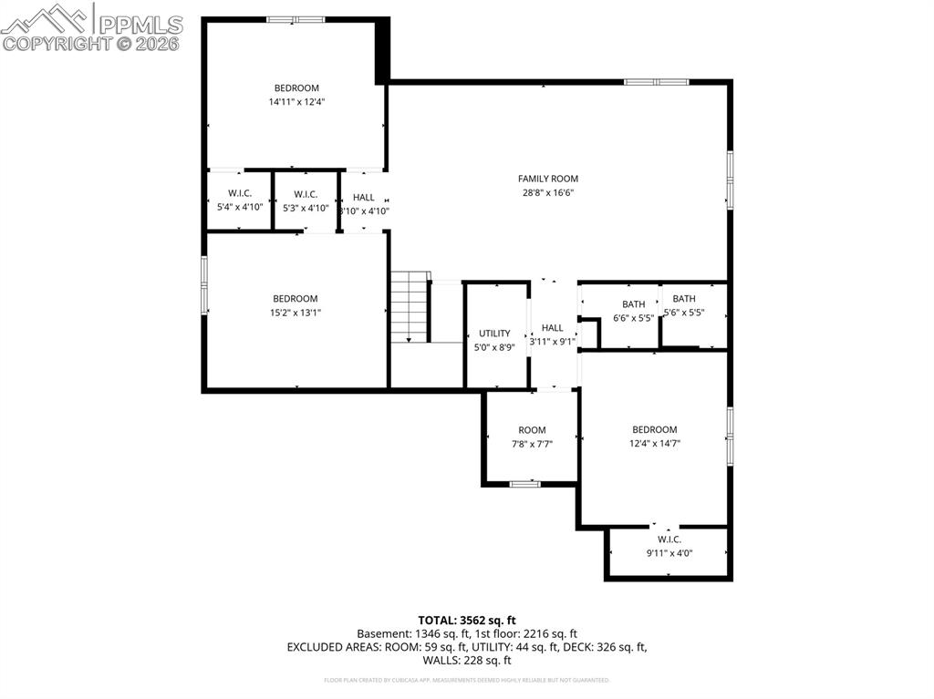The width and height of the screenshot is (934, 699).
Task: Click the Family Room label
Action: [x=547, y=179]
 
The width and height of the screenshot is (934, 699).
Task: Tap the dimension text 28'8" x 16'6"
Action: [x=547, y=192]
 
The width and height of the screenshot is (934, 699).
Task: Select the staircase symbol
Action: [x=410, y=307]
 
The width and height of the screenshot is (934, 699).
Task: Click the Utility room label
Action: [x=494, y=334]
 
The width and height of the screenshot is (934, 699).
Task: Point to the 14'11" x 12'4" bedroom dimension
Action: [x=296, y=102]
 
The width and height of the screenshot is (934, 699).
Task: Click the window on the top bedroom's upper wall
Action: [x=296, y=19]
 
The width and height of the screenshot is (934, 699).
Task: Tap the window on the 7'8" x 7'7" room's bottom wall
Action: [x=524, y=483]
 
